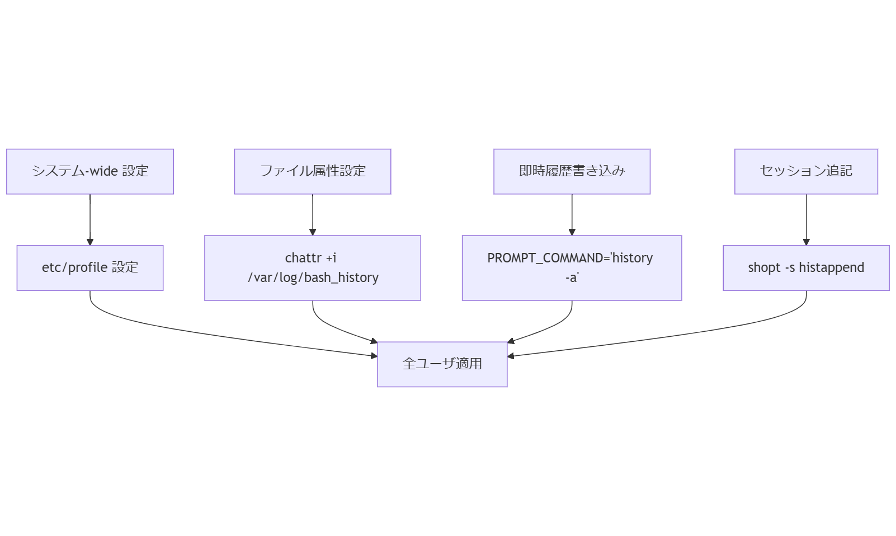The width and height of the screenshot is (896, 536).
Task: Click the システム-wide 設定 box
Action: (89, 171)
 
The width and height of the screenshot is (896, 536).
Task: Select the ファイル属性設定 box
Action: (312, 171)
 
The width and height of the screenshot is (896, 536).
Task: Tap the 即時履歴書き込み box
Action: (572, 171)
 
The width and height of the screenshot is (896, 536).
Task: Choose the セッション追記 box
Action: (806, 171)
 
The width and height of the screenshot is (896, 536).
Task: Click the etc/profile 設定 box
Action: (89, 267)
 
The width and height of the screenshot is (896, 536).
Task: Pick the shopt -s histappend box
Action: (806, 267)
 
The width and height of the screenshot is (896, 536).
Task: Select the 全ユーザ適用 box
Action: (442, 364)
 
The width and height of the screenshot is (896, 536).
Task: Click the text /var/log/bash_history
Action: (313, 278)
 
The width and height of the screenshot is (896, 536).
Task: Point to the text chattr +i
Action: (311, 258)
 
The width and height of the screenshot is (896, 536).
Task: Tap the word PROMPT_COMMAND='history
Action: (570, 258)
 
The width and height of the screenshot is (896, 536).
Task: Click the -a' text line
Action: (572, 278)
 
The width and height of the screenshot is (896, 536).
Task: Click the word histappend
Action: (831, 267)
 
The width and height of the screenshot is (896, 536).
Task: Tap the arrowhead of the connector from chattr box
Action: (374, 341)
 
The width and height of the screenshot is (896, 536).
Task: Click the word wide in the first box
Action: (103, 171)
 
